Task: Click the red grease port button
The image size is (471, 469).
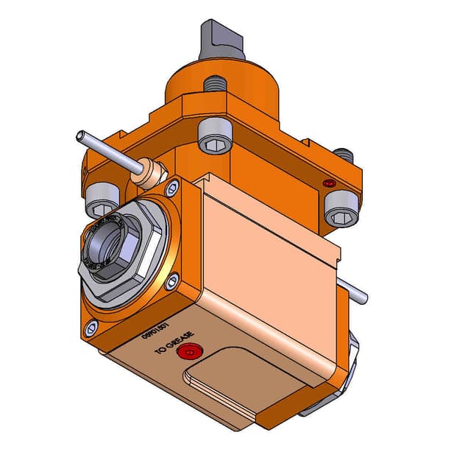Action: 189,353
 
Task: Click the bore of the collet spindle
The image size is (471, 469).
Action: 104,247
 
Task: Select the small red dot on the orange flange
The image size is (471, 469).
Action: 329,183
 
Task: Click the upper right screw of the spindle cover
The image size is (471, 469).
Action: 172,188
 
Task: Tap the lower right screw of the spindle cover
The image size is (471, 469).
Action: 171,281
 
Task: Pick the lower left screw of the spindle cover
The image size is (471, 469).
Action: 90,329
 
